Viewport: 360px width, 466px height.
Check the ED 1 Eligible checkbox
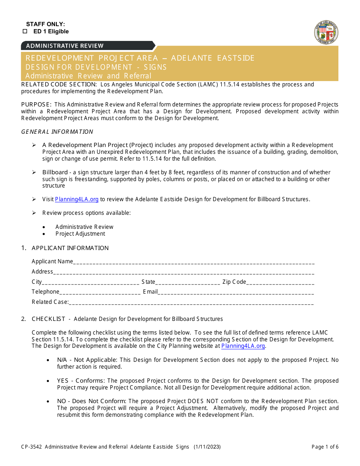click(25, 32)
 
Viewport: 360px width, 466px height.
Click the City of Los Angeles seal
click(326, 32)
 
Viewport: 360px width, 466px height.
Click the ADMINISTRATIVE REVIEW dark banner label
click(64, 46)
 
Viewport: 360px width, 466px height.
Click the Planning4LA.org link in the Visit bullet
click(77, 199)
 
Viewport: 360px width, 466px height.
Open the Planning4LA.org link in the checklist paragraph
click(243, 346)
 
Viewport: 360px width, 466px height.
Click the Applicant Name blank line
click(194, 262)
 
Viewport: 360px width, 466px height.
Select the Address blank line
click(184, 272)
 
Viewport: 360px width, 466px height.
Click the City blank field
click(91, 282)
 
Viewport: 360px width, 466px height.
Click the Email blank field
click(236, 292)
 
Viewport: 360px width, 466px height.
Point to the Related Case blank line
click(191, 302)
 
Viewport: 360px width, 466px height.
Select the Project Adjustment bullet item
click(80, 234)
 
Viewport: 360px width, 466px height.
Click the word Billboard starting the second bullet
click(55, 172)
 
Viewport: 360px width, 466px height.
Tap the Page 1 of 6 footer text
click(325, 447)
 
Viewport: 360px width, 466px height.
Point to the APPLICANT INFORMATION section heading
click(70, 248)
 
